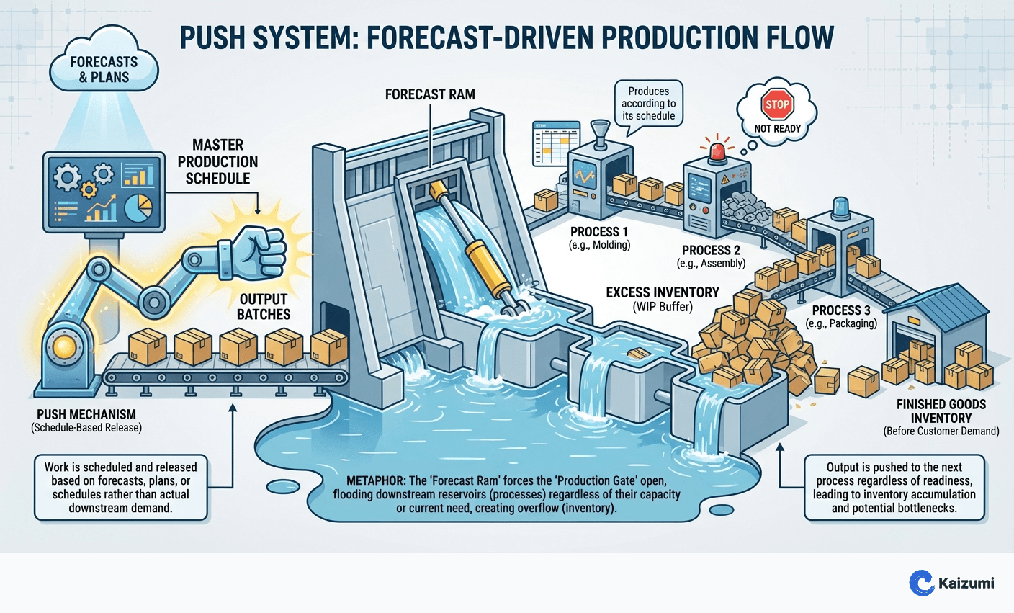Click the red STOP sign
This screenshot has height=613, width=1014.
[777, 104]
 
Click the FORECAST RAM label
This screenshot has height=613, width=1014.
[430, 94]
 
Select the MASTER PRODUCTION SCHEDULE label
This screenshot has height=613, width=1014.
[217, 161]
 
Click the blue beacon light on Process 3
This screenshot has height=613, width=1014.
[841, 207]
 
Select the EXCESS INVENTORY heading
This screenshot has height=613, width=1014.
[662, 292]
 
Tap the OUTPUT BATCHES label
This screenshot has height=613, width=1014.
[264, 306]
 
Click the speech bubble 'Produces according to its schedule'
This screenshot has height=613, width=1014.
[648, 104]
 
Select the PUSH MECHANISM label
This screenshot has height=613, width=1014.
[86, 414]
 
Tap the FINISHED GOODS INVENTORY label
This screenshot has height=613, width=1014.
[941, 411]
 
